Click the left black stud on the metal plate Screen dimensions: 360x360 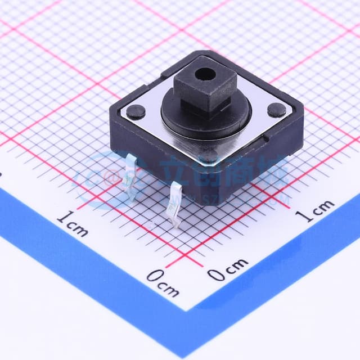(136, 111)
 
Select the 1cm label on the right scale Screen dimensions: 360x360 (316, 211)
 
